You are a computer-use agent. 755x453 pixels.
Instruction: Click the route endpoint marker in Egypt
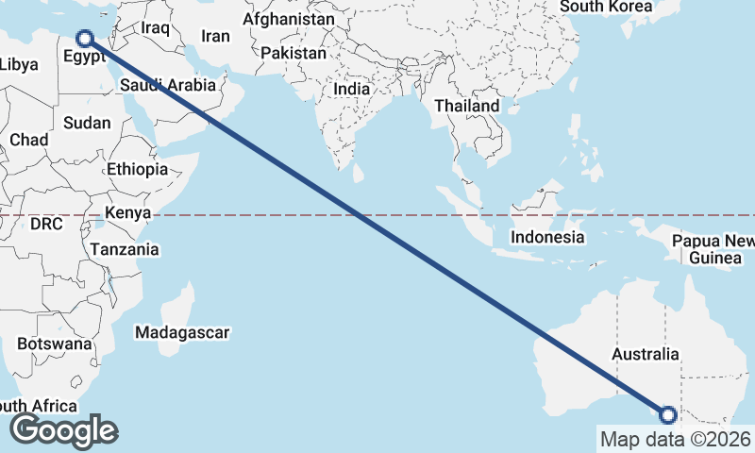85,39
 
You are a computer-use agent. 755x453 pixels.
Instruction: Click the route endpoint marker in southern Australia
668,415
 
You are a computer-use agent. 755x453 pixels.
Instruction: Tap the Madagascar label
182,332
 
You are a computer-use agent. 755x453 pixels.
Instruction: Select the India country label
351,90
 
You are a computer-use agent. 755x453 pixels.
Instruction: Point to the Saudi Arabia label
168,86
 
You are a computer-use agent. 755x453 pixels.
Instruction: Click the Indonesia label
548,237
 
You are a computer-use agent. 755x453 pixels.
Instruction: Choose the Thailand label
466,107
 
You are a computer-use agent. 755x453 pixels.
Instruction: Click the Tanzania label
125,250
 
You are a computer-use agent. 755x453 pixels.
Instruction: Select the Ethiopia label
137,169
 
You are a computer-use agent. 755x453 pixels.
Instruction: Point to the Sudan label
87,123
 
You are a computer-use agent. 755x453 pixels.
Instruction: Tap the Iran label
216,36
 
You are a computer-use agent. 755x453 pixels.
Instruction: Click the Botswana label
54,344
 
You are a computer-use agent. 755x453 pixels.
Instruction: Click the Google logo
64,430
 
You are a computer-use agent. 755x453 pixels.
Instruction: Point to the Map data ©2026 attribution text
675,439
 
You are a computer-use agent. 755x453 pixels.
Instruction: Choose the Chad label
28,140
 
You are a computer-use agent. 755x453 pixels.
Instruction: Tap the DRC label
45,225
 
